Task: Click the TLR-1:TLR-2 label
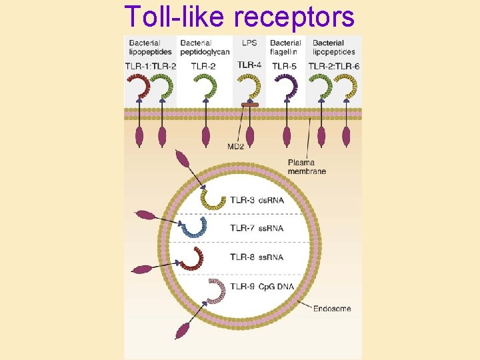tap(150, 66)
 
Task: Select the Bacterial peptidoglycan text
tap(205, 47)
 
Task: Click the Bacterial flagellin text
tap(285, 47)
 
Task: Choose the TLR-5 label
tap(285, 66)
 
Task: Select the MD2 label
tap(235, 146)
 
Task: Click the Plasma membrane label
tap(307, 167)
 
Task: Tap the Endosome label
tap(332, 309)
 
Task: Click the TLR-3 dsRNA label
tap(257, 199)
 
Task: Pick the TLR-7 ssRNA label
tap(257, 228)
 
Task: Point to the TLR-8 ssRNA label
tap(257, 257)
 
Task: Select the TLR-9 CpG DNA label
tap(261, 287)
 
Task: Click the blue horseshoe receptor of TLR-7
tap(193, 227)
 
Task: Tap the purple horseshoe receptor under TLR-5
tap(287, 87)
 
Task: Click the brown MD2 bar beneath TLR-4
tap(250, 105)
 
